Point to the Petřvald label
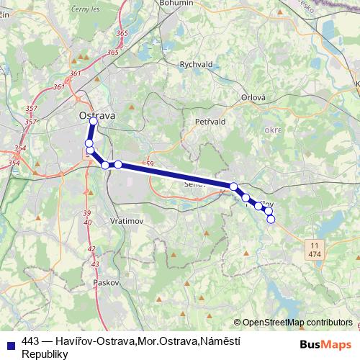[x=211, y=122]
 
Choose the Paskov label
[x=105, y=282]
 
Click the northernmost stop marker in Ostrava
[x=94, y=121]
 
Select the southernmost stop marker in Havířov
[x=271, y=219]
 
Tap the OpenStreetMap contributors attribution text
[x=297, y=322]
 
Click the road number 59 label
[x=150, y=165]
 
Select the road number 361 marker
[x=58, y=87]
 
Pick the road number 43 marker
[x=95, y=264]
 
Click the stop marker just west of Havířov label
[x=246, y=197]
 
